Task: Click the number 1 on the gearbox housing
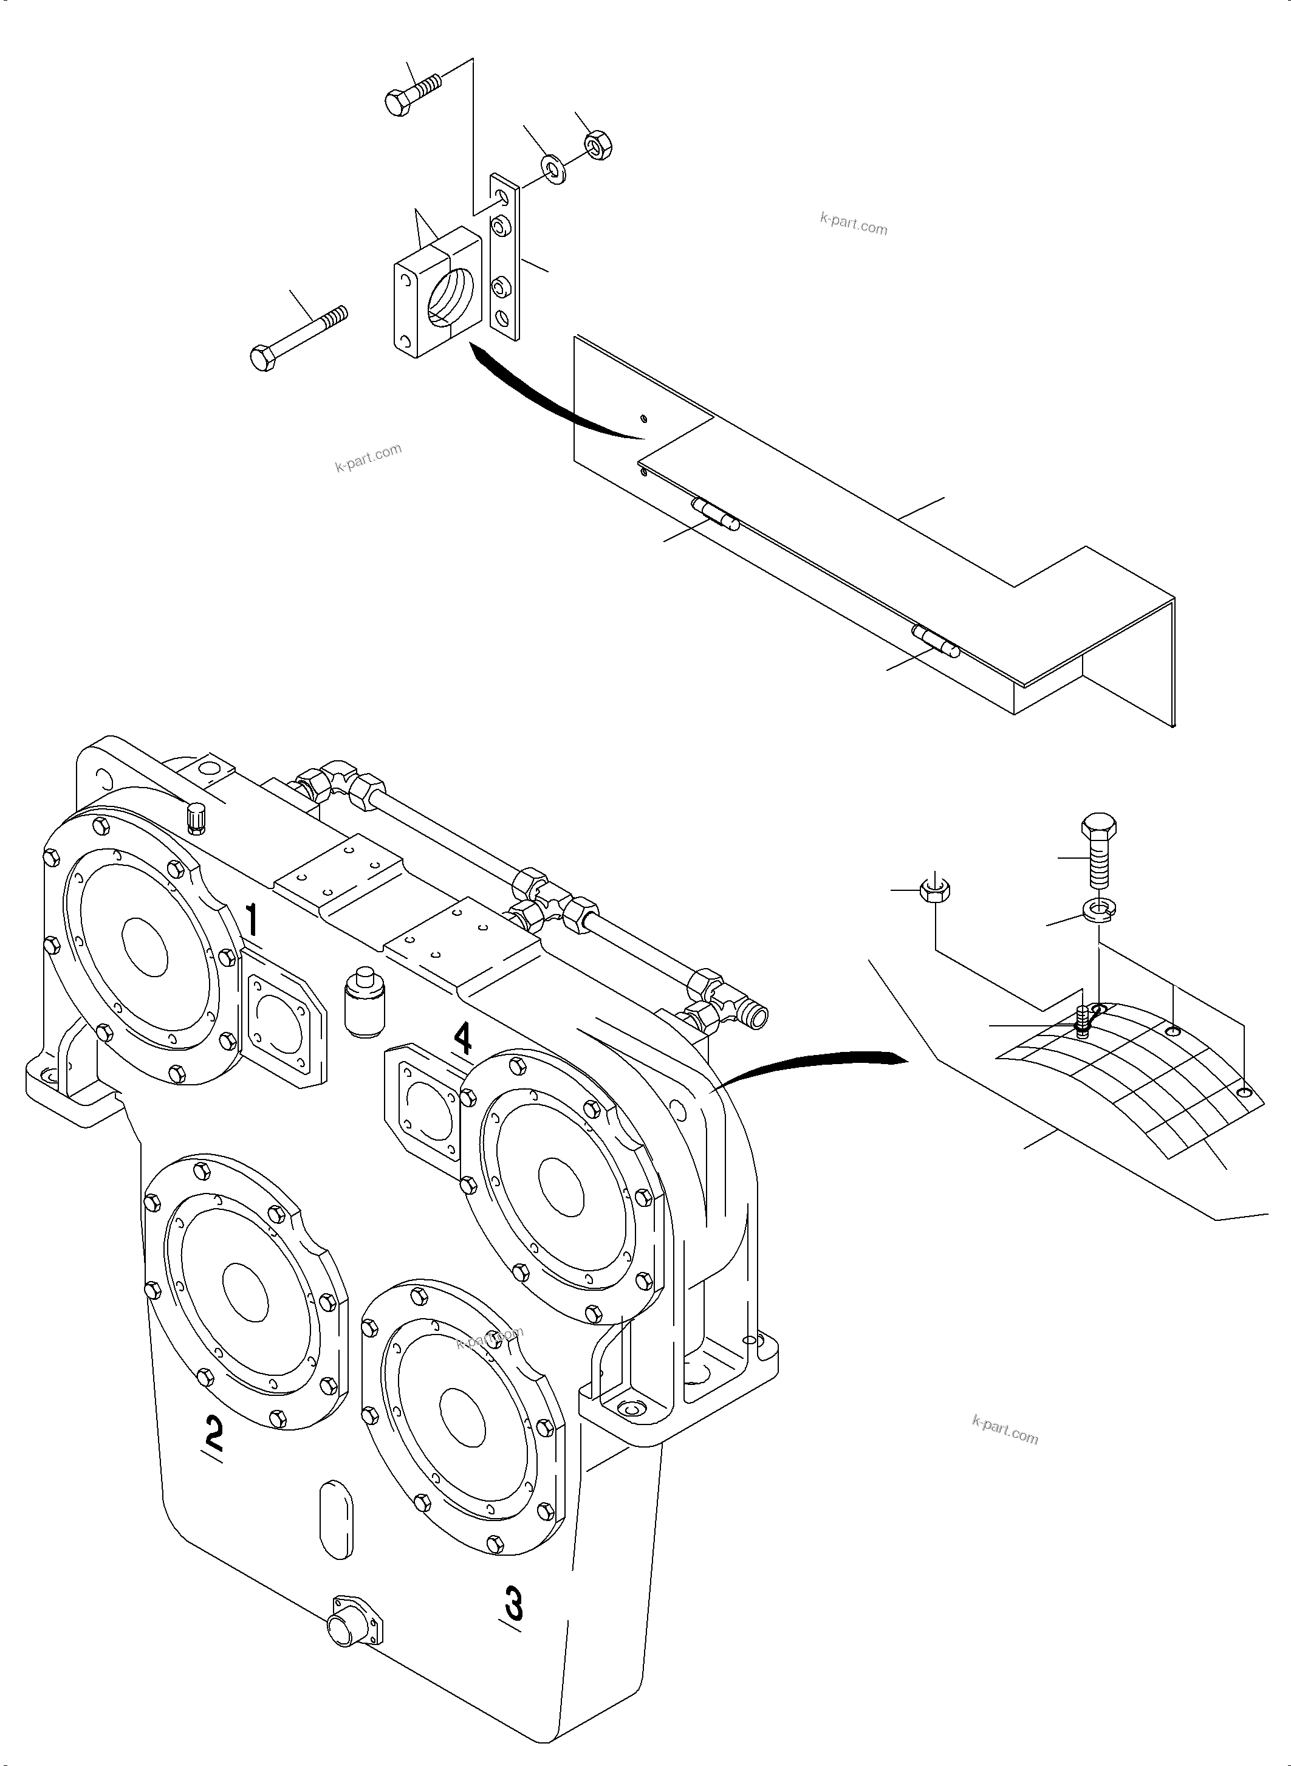tap(252, 920)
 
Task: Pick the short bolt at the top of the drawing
tap(412, 92)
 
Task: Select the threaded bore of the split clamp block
tap(451, 297)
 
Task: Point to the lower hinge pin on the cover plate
tap(934, 641)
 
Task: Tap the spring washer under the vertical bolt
tap(1100, 909)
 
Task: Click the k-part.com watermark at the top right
tap(854, 224)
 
